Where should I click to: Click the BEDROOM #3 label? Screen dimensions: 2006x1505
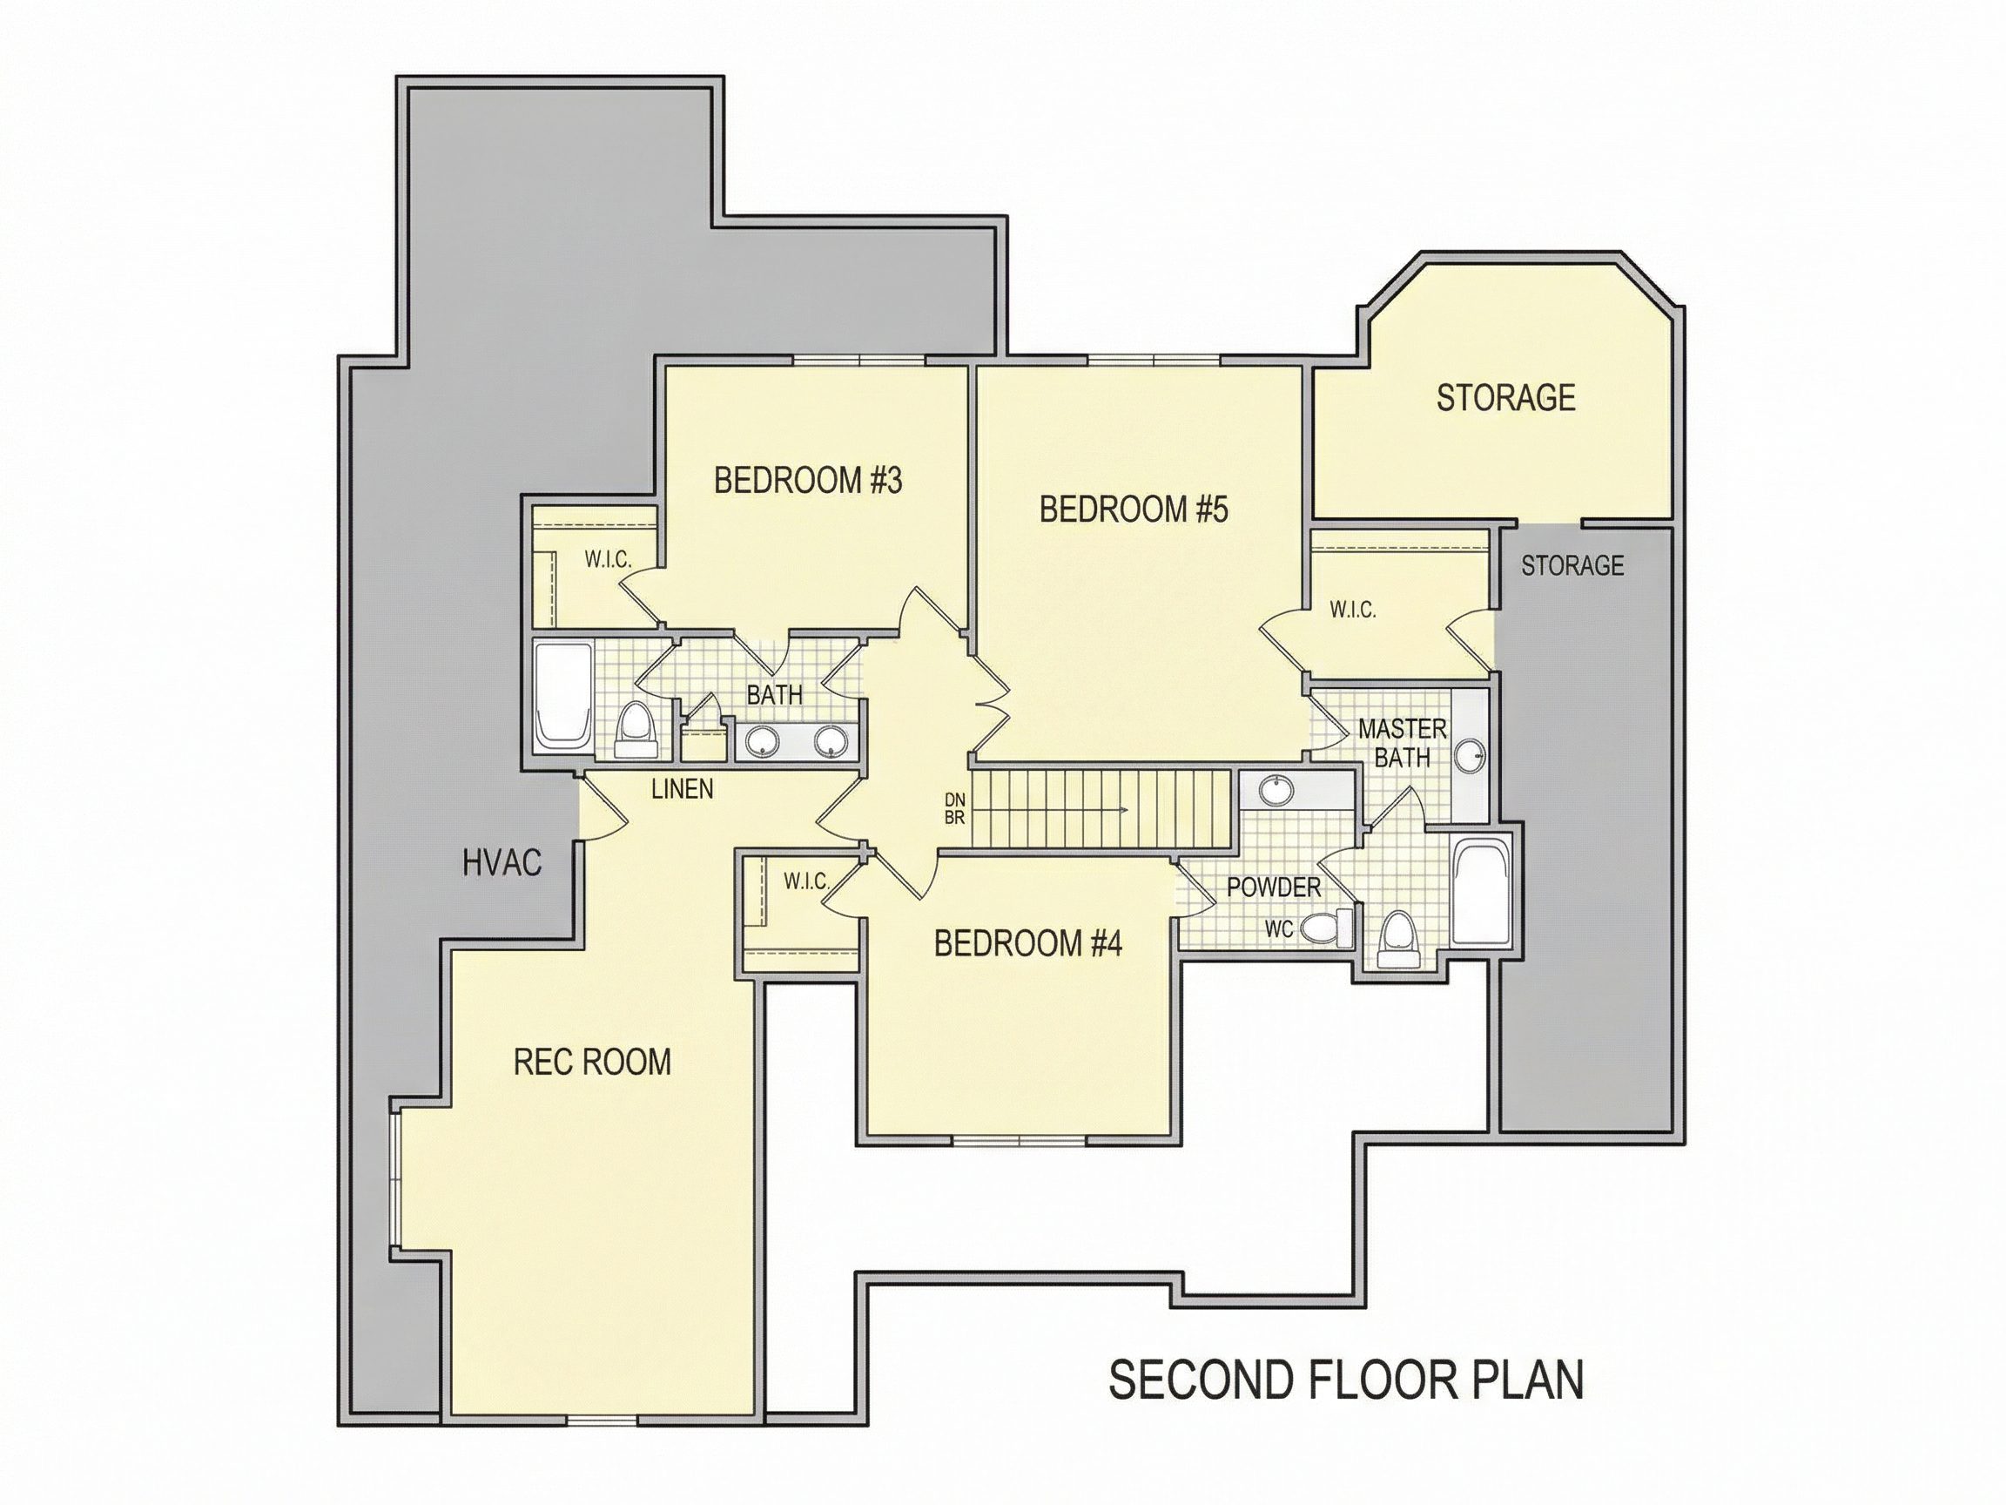point(808,481)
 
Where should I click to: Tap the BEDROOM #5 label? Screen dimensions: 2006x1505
point(1134,510)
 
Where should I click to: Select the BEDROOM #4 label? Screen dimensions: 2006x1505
point(1028,944)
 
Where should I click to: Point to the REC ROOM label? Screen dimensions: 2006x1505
point(592,1063)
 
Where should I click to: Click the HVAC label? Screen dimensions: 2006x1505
point(502,863)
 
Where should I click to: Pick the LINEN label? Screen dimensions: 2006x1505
point(683,789)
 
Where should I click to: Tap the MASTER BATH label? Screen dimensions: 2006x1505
point(1402,743)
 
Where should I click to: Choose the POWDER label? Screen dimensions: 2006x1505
point(1274,887)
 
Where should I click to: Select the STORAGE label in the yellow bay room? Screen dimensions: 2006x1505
point(1505,398)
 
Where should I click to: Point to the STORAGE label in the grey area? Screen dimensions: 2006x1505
point(1572,566)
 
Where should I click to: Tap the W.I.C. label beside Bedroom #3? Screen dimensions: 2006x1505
point(608,560)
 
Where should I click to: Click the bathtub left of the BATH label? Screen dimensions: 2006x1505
point(563,695)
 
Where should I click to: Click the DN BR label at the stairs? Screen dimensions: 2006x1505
point(955,808)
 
